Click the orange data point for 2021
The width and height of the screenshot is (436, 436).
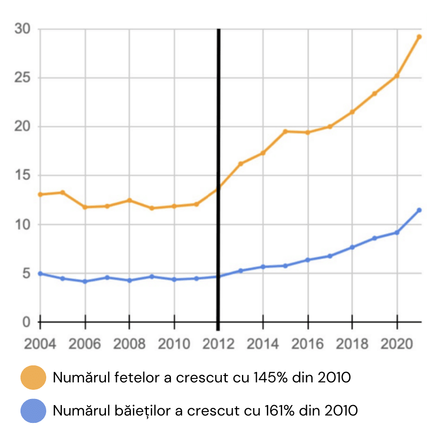[x=419, y=37]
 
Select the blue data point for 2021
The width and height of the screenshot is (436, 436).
[x=419, y=210]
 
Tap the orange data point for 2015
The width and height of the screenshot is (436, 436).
[x=285, y=131]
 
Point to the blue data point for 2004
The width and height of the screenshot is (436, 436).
[x=41, y=273]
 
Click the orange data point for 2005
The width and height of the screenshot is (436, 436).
[x=63, y=192]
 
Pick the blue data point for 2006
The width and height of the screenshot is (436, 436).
[x=85, y=281]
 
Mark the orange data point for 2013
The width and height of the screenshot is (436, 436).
[x=241, y=163]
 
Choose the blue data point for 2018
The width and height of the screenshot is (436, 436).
[x=352, y=247]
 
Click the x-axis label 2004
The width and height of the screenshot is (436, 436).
[x=41, y=344]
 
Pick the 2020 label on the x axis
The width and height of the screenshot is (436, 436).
[x=396, y=344]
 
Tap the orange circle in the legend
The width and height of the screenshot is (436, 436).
[x=33, y=378]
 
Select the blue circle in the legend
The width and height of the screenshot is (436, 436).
[x=33, y=410]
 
